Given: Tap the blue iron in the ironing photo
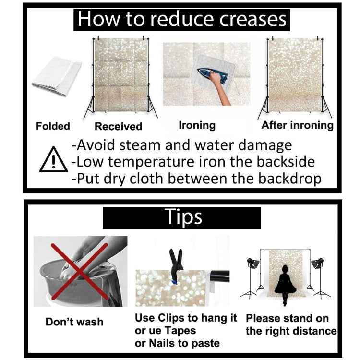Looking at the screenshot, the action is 212,75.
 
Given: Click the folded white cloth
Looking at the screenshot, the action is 57,76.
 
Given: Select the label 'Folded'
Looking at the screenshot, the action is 53,126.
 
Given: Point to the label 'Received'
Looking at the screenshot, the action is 119,126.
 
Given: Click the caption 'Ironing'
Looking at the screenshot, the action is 197,125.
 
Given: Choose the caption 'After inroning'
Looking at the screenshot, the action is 297,125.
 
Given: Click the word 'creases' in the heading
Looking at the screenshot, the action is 253,19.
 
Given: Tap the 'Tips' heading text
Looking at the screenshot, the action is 183,216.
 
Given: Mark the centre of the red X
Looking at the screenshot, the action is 79,272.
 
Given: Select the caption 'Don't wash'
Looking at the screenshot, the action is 74,322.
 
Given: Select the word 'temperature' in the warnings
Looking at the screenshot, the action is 151,162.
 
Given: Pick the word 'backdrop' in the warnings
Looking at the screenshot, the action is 290,179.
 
